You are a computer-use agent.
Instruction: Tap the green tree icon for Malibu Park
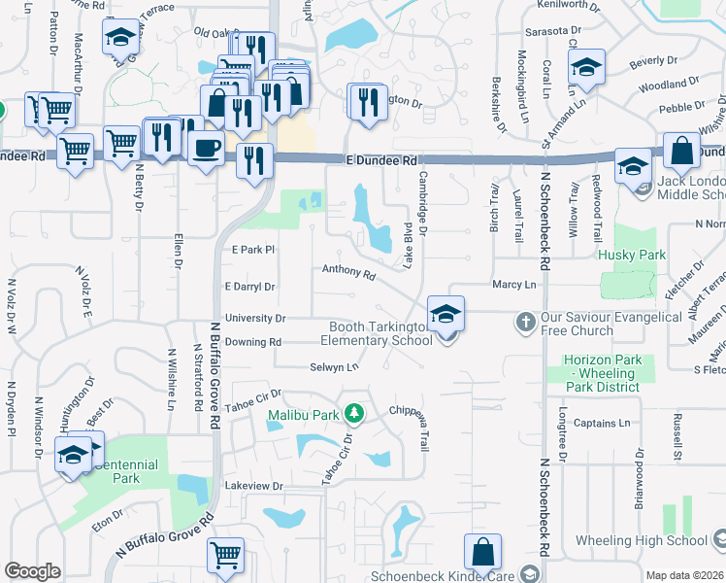coord(354,414)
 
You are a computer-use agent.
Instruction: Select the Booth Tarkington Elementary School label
coord(379,334)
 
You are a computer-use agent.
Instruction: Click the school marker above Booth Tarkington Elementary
coord(445,314)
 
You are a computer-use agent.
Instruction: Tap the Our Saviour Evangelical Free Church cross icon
coord(525,321)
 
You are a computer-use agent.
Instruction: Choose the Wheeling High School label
coord(654,540)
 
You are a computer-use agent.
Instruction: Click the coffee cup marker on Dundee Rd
coord(205,149)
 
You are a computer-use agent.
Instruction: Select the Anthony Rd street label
coord(348,273)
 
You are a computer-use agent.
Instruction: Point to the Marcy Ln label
coord(514,285)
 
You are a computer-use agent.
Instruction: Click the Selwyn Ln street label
coord(334,366)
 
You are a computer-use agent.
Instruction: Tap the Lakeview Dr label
coord(253,485)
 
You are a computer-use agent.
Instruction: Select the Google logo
coord(32,571)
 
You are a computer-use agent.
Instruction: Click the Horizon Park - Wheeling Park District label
coord(602,373)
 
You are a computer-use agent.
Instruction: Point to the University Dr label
coord(254,318)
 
